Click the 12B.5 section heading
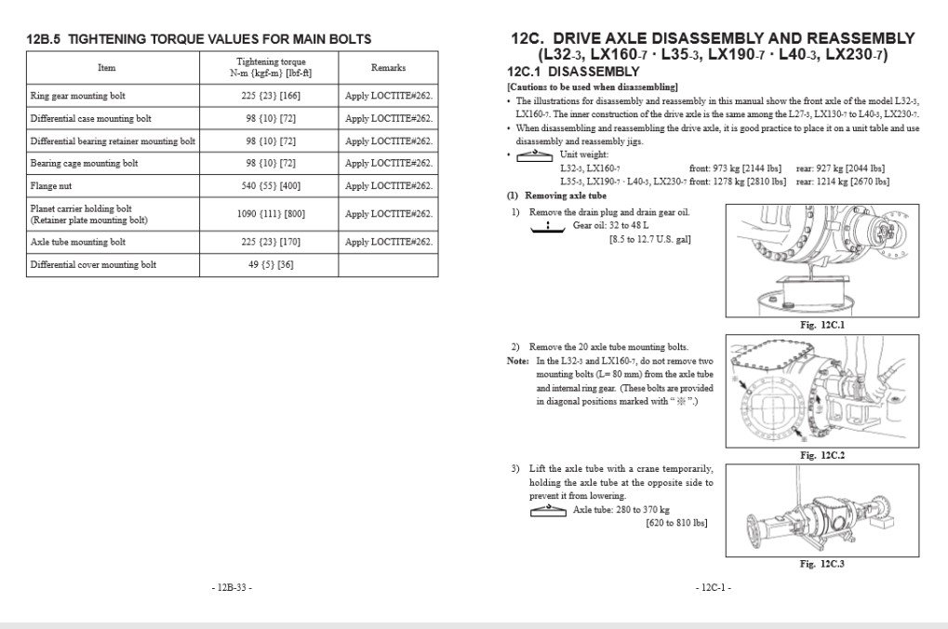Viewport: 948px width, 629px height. (x=198, y=39)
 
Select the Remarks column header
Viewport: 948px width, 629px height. (x=388, y=68)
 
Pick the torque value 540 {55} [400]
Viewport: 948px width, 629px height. (x=269, y=185)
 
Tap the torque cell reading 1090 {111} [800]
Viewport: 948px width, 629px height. (x=269, y=214)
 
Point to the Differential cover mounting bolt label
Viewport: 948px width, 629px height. (x=93, y=265)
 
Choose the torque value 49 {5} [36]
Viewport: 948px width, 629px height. (x=269, y=265)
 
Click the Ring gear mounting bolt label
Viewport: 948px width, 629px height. (x=77, y=96)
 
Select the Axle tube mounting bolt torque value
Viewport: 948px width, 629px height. (x=269, y=242)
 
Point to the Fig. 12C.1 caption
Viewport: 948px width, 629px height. (x=821, y=325)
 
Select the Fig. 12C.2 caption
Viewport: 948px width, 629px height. (x=821, y=455)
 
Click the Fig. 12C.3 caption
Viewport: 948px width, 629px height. (x=821, y=563)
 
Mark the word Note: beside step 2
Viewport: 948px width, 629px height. (x=518, y=361)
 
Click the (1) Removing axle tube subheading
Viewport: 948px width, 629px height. (x=556, y=195)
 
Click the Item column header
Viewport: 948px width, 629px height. (x=107, y=68)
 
